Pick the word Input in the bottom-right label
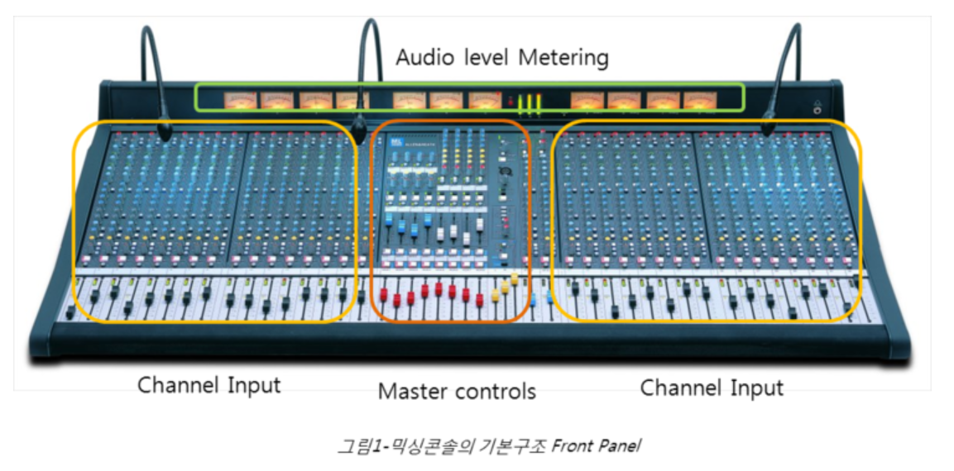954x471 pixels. click(x=754, y=387)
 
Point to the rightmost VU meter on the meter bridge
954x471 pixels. click(x=698, y=101)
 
